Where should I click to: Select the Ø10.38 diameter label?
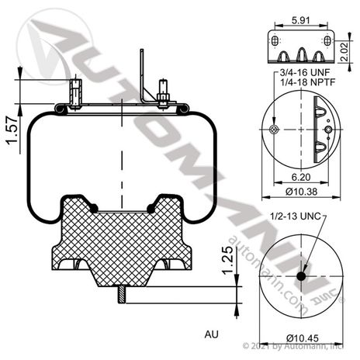point(298,191)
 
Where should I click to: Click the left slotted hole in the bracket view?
point(272,41)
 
